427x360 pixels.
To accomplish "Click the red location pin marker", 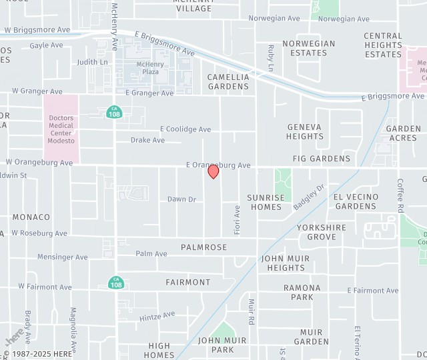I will click(x=213, y=171).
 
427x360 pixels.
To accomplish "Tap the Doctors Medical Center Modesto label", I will click(x=61, y=129).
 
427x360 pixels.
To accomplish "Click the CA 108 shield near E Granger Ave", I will click(x=113, y=112).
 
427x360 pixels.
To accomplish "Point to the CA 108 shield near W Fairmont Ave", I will click(x=116, y=283).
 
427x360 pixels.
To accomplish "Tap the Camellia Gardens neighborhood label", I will click(x=228, y=81).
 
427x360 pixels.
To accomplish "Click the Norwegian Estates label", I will click(x=308, y=48).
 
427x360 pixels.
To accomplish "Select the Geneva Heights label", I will click(x=305, y=131).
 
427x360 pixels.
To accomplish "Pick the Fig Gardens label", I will click(x=322, y=159).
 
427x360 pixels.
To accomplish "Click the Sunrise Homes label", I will click(x=266, y=202).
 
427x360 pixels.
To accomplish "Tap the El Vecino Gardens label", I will click(x=356, y=201).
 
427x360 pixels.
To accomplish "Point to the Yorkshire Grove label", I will click(x=322, y=232).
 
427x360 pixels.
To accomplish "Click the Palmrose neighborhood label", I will click(x=203, y=247).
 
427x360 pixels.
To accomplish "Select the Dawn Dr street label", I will click(x=181, y=199).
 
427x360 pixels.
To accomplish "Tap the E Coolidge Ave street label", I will click(x=185, y=129).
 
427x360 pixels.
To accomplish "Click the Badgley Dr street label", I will click(x=308, y=197).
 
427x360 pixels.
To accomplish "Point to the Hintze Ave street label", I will click(x=157, y=316).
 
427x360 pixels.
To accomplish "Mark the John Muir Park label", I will click(x=223, y=345).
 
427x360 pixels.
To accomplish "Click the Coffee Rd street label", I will click(x=400, y=195).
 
